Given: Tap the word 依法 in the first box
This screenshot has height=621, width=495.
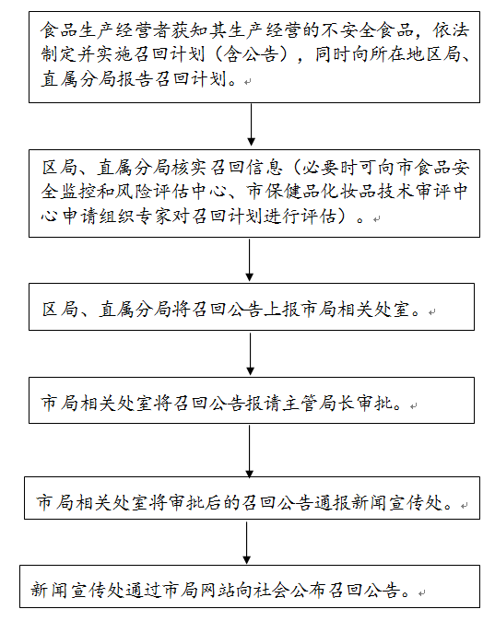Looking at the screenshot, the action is pos(451,30).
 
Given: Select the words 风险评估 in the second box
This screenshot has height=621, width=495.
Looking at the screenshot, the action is pos(153,192).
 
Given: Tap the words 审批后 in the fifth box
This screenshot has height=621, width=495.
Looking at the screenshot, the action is pos(195,502).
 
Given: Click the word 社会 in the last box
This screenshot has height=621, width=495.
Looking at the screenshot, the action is pos(274,590).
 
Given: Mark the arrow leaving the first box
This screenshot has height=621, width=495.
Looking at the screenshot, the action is pos(251,124).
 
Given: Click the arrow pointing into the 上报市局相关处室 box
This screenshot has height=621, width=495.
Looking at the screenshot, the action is pos(250,260).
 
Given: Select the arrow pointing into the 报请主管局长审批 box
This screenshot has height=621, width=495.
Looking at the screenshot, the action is pos(250,354).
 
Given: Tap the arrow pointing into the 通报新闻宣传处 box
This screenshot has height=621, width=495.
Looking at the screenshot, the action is pos(250,451).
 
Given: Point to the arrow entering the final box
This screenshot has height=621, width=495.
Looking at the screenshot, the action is pos(246,543).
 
